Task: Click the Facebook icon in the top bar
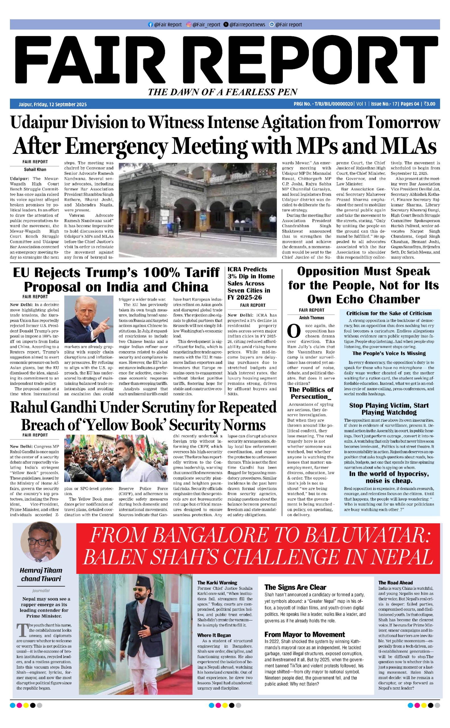click(150, 25)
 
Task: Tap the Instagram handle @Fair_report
click(206, 25)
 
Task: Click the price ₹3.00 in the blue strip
click(430, 104)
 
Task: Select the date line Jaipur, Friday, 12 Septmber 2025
click(53, 104)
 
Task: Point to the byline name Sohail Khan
click(35, 169)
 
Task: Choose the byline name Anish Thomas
click(311, 318)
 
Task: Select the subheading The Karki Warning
click(217, 583)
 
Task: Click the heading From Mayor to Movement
click(304, 634)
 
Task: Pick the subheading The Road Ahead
click(395, 583)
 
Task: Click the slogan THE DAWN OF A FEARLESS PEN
click(223, 92)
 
